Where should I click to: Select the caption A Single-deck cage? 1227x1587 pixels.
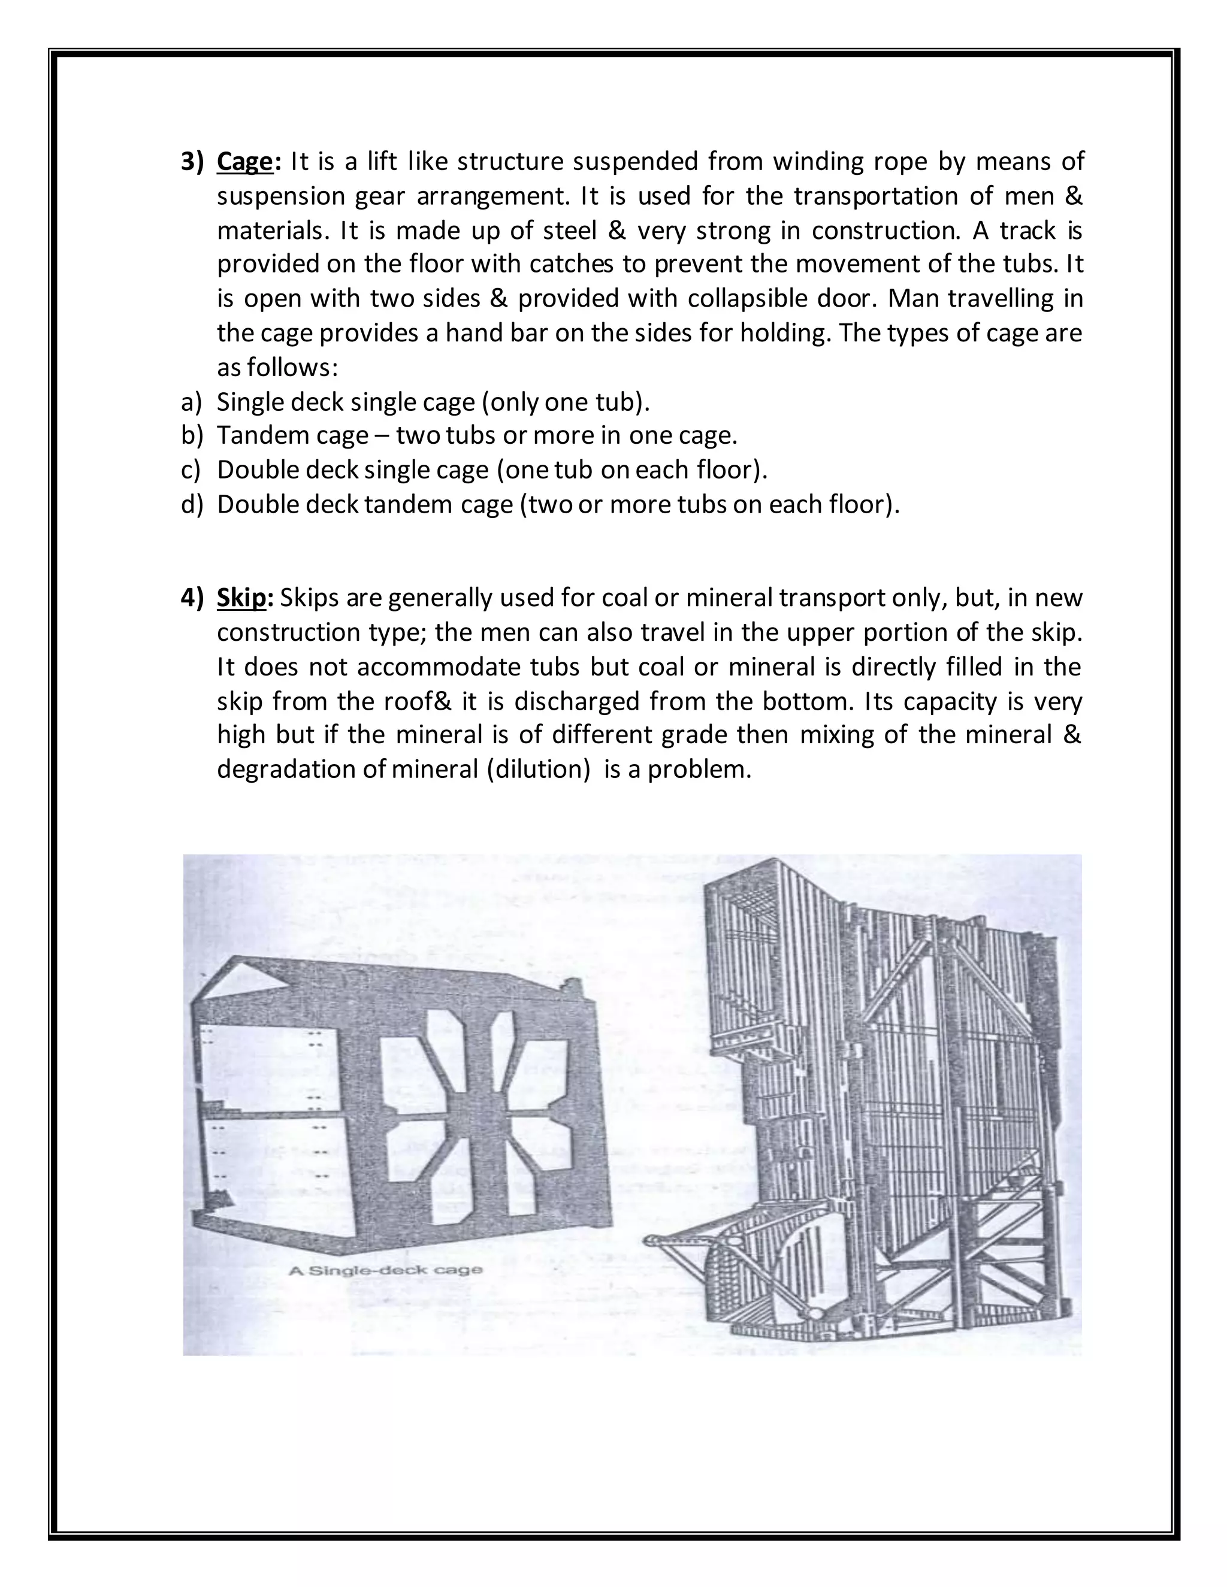click(x=385, y=1270)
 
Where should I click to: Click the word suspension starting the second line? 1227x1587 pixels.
click(x=280, y=196)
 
